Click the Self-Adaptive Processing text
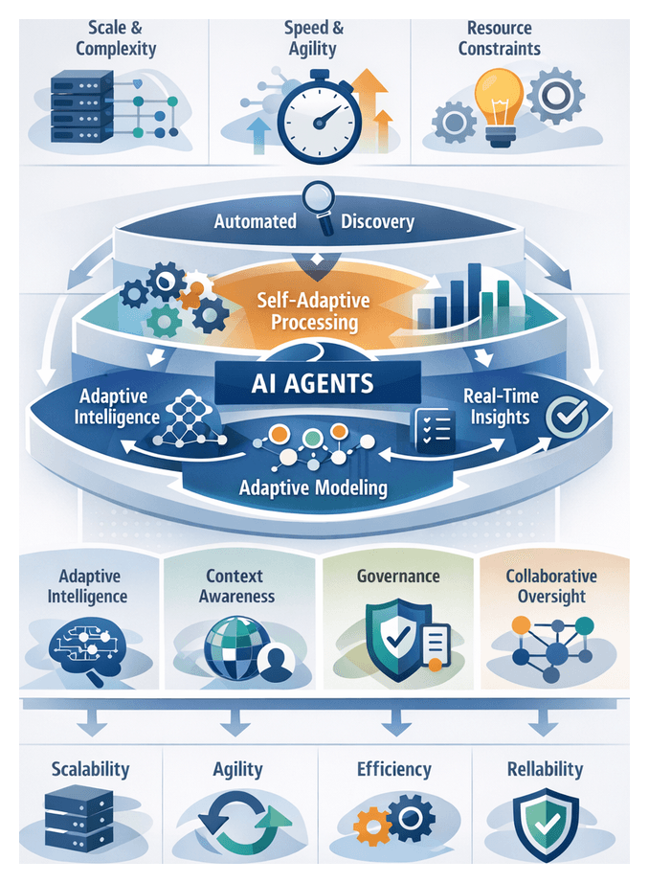coord(314,311)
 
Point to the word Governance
coord(398,577)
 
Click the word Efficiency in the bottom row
coord(393,769)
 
